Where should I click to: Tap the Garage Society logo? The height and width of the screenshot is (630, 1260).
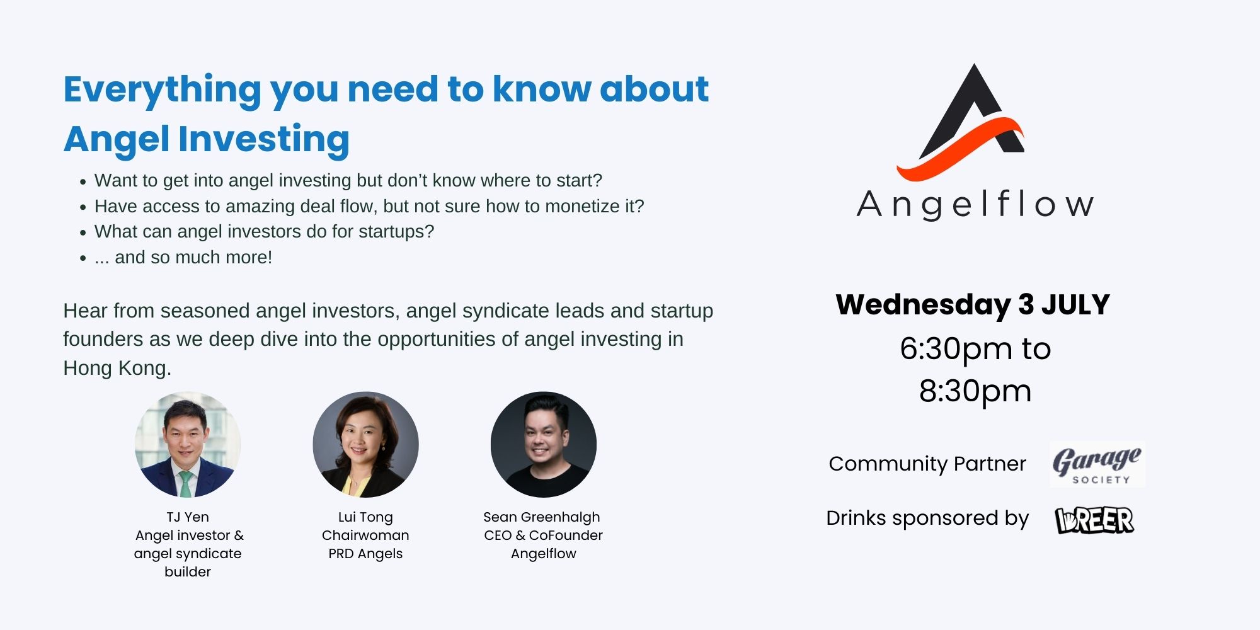pos(1097,465)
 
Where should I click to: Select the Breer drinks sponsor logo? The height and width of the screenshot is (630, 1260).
pos(1094,520)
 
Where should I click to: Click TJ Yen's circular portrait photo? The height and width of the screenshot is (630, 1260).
pos(188,445)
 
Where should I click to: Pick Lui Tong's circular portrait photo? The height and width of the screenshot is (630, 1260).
pos(365,445)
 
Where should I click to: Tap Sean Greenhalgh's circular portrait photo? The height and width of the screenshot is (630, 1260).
pos(543,445)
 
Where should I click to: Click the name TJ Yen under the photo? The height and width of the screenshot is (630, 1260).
pos(188,517)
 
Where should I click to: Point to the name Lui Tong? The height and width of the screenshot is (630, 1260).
pos(365,517)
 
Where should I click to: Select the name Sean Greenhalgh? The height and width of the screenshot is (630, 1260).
pos(542,517)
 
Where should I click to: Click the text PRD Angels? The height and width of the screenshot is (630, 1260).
pos(365,554)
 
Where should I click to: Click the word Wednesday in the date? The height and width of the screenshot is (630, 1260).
pos(923,306)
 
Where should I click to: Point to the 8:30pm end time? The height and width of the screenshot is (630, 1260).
pos(975,392)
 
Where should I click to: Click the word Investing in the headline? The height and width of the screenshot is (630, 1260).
pos(264,140)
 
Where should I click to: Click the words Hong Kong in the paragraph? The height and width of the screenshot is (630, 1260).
pos(117,368)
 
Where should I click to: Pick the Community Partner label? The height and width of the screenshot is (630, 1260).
pos(927,464)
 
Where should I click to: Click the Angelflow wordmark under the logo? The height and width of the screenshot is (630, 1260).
pos(975,204)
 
